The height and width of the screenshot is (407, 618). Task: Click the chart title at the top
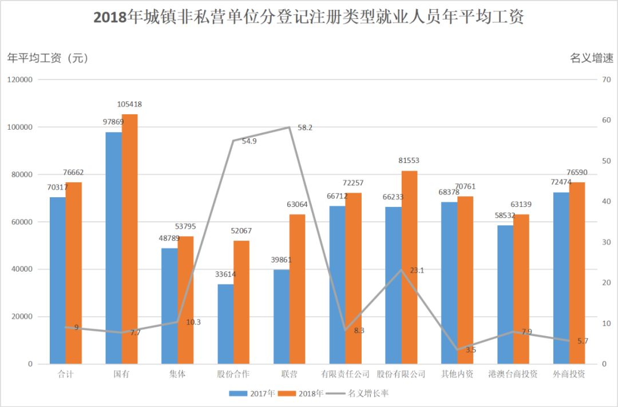[x=308, y=18]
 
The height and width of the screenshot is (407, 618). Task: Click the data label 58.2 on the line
[x=304, y=127]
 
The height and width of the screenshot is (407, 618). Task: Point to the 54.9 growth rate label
[x=249, y=141]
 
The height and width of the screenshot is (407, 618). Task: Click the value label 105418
[x=129, y=105]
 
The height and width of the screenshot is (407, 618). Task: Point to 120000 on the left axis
[x=21, y=79]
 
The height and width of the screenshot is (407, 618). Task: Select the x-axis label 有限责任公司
[x=345, y=374]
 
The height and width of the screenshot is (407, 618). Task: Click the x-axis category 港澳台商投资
[x=513, y=374]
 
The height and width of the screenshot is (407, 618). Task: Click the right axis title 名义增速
[x=591, y=58]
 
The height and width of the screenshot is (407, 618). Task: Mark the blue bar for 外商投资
[x=561, y=278]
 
